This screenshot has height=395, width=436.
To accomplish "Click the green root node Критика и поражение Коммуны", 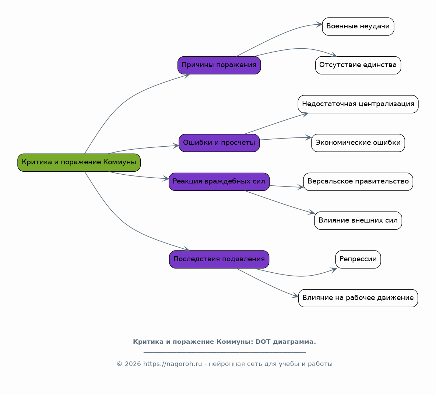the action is coord(79,162).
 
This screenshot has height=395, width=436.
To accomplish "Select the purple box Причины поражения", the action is coord(219,65).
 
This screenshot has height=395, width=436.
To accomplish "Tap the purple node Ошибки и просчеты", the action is coord(219,143).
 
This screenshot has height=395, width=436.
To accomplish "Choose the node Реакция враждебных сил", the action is coord(219,182).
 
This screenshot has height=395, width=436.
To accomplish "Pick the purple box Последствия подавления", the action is coord(219,259).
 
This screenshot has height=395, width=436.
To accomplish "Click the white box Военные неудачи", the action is coord(358,27).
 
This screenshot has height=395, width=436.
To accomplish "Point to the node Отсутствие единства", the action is coord(358,65).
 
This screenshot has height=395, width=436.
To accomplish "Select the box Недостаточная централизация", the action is coord(358,104).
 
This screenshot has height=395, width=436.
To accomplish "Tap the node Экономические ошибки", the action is coord(358,143).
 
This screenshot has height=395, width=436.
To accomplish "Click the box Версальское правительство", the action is coord(358,182).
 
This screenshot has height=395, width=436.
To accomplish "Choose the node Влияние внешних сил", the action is coord(358,221).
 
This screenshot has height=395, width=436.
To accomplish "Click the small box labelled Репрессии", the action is coord(358,259).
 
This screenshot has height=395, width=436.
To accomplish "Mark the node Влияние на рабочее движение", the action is coord(358,298).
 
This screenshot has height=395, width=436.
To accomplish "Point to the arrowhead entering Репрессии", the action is coord(334,270).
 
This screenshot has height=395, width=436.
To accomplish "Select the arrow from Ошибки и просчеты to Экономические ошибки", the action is coord(285,138).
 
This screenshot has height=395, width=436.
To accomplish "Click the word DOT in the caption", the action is coord(263,342).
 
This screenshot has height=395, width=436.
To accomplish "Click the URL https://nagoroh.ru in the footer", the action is coord(172,364).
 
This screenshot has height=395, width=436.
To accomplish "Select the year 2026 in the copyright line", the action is coord(133,364).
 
